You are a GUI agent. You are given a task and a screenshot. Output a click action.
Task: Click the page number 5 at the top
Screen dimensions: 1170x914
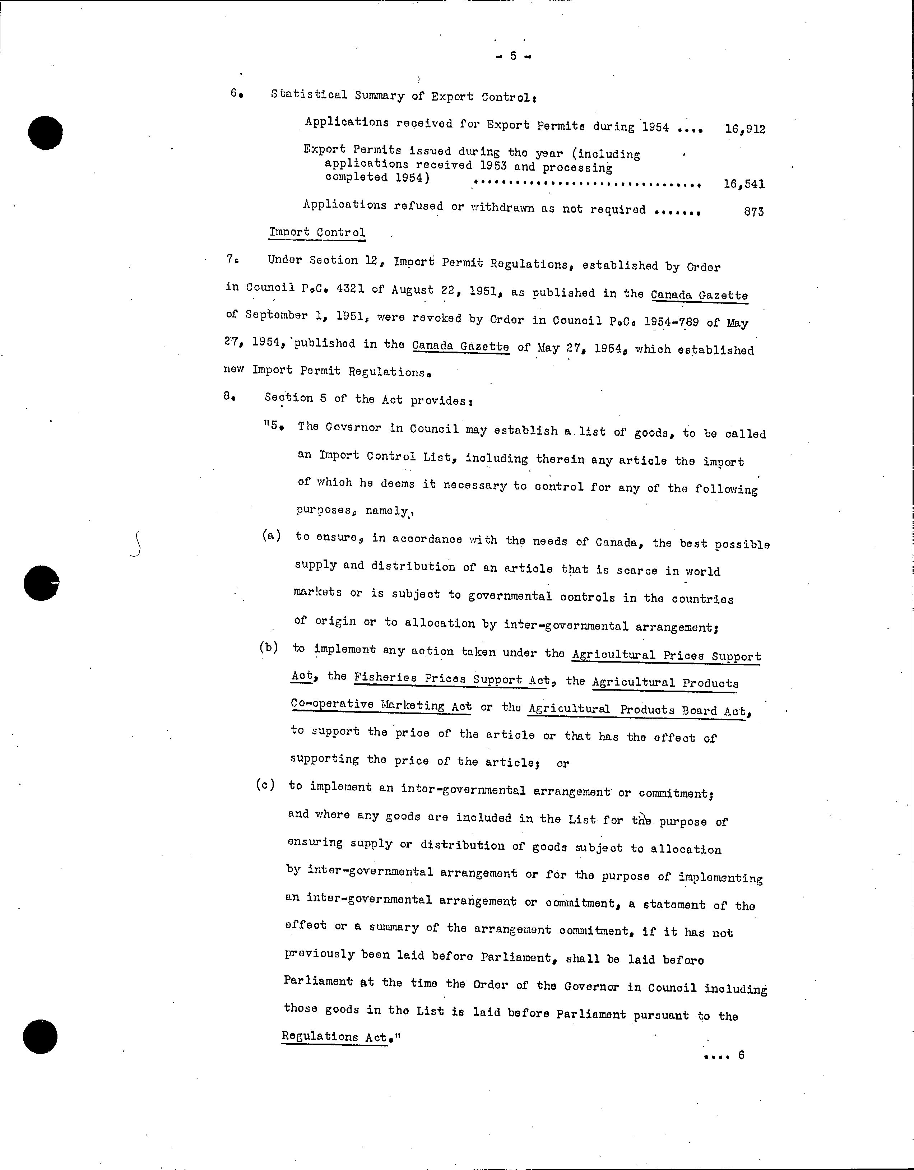tap(513, 56)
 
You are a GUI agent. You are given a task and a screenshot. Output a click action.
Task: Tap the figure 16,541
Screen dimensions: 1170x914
tap(744, 184)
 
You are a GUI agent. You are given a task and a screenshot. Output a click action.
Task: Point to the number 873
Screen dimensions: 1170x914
tap(754, 212)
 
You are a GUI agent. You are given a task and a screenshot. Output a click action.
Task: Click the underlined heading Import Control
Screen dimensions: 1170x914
tap(317, 232)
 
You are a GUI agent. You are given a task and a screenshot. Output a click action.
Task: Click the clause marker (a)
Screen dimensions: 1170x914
tap(272, 536)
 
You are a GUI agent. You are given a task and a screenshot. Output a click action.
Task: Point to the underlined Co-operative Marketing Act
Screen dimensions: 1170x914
tap(381, 705)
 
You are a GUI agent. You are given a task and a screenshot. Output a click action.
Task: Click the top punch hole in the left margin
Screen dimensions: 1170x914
tap(46, 132)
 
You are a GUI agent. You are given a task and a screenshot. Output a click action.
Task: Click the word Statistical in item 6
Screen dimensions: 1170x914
tap(308, 95)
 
